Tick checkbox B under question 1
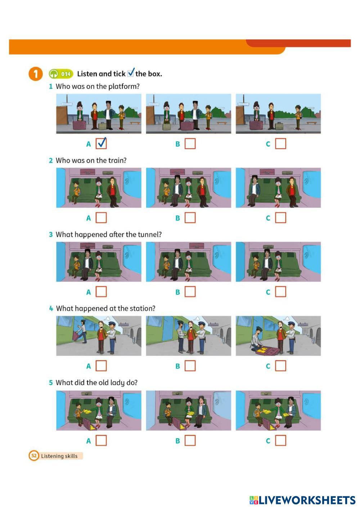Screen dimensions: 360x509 (190, 144)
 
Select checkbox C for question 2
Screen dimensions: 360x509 (280, 218)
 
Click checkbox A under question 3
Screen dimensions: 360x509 (101, 292)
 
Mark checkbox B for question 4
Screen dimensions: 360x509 (190, 366)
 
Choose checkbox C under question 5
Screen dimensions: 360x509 (280, 440)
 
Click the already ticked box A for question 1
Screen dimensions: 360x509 (101, 144)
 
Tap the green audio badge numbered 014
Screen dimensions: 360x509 (61, 74)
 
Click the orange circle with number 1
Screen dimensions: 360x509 (36, 74)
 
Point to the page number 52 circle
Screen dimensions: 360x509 (34, 456)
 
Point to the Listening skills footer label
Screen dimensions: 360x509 (59, 456)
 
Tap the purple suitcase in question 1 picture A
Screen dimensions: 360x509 (79, 125)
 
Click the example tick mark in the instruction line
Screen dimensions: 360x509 (131, 72)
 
